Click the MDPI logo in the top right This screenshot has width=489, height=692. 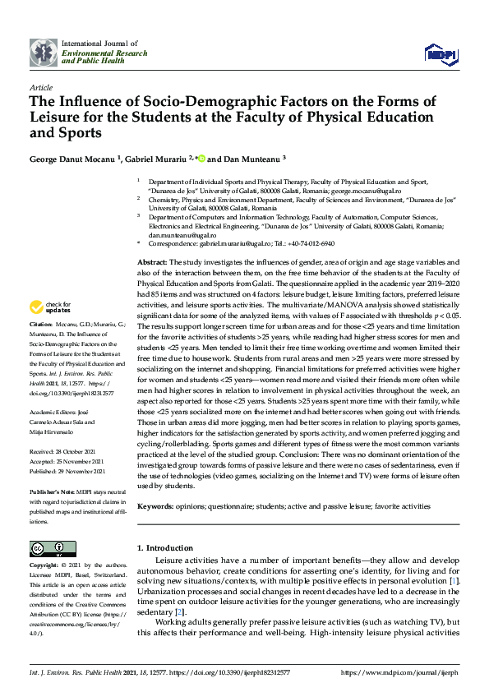click(440, 53)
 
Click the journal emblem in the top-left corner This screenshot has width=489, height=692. click(43, 52)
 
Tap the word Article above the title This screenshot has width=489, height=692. click(40, 86)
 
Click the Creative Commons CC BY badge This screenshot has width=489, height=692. click(48, 549)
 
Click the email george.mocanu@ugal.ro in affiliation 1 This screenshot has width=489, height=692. click(411, 189)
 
